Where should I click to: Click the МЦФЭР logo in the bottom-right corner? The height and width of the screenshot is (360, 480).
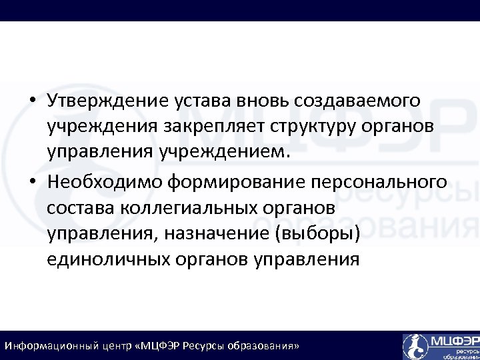pos(440,346)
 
